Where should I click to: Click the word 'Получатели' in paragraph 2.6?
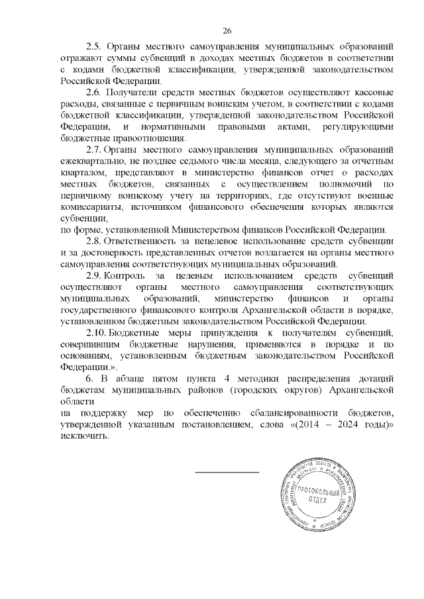tap(135, 91)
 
